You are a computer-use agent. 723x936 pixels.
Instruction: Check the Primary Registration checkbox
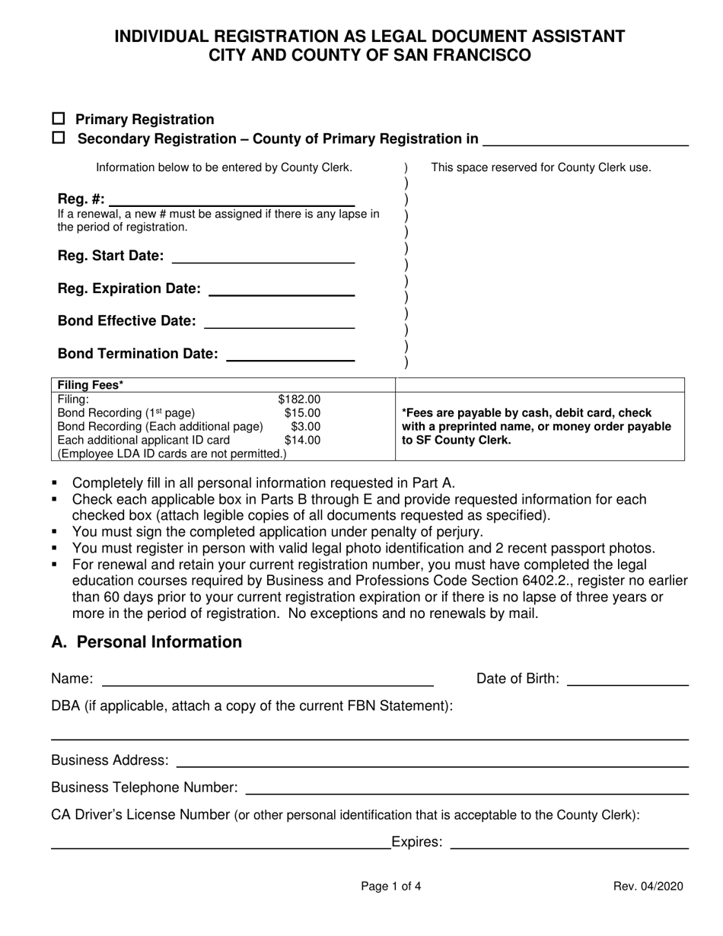(x=59, y=119)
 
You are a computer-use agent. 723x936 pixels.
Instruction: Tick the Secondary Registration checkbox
(x=59, y=138)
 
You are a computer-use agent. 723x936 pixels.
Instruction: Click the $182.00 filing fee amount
(x=299, y=399)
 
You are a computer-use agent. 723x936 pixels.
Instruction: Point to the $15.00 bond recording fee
(x=302, y=412)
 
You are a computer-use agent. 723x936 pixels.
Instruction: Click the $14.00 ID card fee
(x=302, y=440)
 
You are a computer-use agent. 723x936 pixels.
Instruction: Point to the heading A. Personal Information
(x=146, y=642)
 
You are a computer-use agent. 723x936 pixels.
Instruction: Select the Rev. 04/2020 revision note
(x=648, y=886)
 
